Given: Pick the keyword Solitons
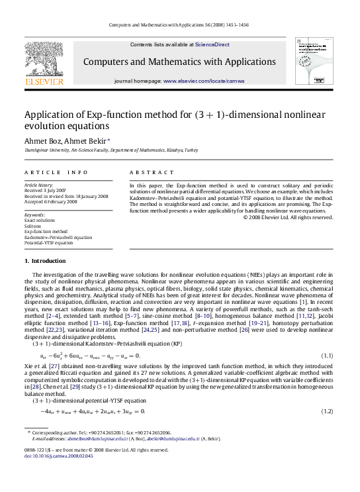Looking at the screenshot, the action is coord(33,226).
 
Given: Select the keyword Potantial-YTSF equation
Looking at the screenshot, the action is coord(48,242).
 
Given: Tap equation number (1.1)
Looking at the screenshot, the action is coord(326,356).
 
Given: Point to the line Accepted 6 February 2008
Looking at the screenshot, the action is coord(50,201).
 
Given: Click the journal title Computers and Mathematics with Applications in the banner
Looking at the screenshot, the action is coord(180,62).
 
